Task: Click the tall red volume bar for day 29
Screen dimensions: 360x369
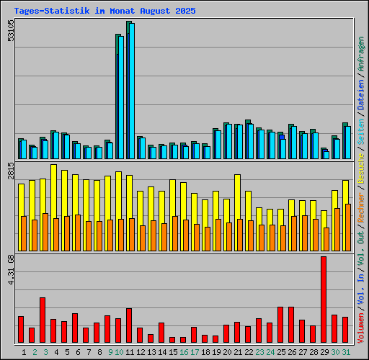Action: coord(324,299)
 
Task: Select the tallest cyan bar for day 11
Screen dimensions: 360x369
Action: coord(131,90)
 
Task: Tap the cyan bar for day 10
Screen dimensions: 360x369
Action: coord(121,97)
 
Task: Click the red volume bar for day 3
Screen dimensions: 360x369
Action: coord(43,320)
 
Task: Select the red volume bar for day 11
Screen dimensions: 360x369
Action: coord(129,325)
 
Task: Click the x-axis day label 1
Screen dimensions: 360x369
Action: coord(24,352)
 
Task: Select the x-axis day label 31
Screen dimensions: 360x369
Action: coord(346,352)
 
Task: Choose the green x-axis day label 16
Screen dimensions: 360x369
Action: coord(184,352)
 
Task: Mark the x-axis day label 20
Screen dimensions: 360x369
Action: coord(228,352)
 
